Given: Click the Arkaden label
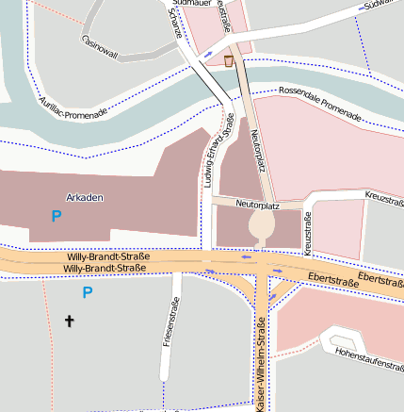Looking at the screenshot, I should tap(85, 197).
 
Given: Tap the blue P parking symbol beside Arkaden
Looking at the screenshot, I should tap(57, 216).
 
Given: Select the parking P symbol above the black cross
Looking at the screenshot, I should tap(88, 292).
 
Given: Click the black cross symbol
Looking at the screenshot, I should tap(69, 321).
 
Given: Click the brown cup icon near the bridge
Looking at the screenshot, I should tap(229, 61).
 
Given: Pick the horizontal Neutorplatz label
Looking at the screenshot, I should tap(260, 203).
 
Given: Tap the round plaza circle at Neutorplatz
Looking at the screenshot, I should tap(262, 225).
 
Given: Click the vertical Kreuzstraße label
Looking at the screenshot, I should tap(308, 232).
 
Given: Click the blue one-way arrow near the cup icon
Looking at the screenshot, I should tap(208, 56).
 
